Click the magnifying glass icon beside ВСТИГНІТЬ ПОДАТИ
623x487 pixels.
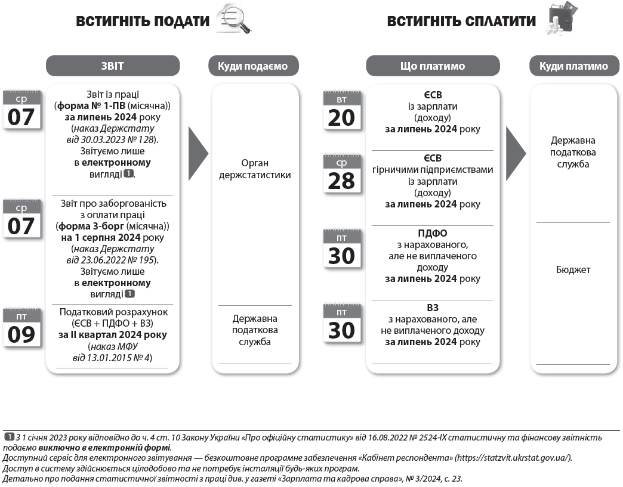point(234,20)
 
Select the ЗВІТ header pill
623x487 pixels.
point(113,66)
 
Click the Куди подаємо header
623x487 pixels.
point(252,66)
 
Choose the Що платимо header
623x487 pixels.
point(433,66)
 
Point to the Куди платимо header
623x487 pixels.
point(573,66)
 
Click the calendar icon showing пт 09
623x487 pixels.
point(22,327)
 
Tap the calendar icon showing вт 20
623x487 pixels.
point(341,111)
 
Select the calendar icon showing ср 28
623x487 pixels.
point(341,173)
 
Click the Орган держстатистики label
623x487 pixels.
point(255,169)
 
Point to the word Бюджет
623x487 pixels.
point(573,269)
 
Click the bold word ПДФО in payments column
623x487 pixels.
point(433,233)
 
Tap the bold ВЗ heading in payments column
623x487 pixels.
point(433,308)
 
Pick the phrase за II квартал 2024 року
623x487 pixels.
point(113,335)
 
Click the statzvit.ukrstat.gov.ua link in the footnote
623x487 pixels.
point(513,458)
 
